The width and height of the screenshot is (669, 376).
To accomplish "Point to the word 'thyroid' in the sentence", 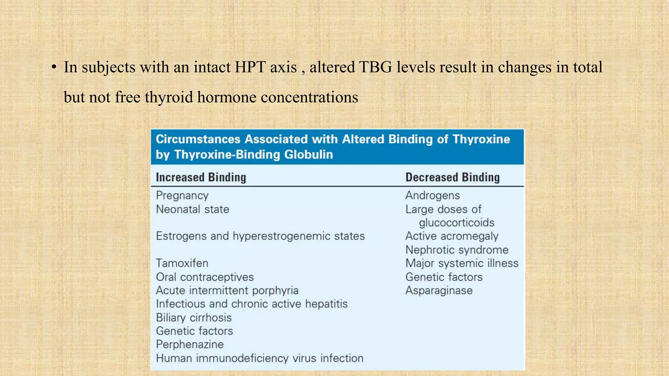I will pos(169,97).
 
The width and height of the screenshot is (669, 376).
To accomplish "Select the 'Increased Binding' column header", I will pos(201,177).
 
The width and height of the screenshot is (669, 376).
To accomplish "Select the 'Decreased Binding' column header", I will pos(452,177).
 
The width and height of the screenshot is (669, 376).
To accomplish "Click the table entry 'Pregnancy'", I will pos(182,196).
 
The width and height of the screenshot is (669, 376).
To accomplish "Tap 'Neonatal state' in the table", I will pos(192,209).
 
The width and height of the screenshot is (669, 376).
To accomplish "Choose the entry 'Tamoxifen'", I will pos(182,263).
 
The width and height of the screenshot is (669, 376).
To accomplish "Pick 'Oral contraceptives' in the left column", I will pos(204,277).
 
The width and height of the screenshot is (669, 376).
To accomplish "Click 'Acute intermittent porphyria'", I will pos(227,290).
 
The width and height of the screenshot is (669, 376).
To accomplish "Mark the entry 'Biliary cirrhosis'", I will pos(194,318).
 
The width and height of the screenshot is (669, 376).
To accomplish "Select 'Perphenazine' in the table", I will pos(190,344).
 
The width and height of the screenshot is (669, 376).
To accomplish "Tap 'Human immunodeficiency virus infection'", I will pos(260,358).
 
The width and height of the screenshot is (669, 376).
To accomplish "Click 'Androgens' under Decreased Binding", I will pos(432,196).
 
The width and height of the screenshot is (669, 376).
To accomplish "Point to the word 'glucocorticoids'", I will pos(456,223).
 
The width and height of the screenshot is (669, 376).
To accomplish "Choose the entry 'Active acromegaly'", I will pos(452,236).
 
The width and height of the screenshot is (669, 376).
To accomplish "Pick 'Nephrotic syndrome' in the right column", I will pos(457,250).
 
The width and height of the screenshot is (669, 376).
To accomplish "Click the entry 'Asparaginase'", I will pos(439,290).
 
